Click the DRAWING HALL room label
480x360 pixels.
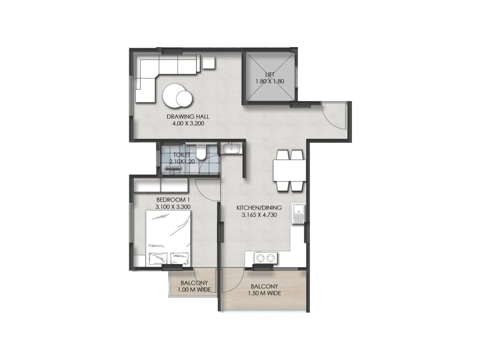click(x=188, y=116)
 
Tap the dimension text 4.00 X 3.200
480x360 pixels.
click(x=188, y=123)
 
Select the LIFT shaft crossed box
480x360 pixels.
click(x=270, y=78)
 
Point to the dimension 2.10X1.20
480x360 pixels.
click(x=182, y=161)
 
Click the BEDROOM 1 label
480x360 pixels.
click(x=173, y=199)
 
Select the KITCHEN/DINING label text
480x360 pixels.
click(x=259, y=208)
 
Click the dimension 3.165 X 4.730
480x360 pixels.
click(x=259, y=215)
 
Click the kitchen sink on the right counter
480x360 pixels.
click(x=298, y=214)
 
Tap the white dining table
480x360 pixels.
click(x=289, y=170)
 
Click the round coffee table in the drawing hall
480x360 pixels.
click(x=177, y=96)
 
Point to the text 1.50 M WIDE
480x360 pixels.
click(x=264, y=293)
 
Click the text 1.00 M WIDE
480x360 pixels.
click(x=194, y=290)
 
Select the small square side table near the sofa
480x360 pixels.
click(x=208, y=62)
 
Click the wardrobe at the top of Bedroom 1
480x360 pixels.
click(x=160, y=185)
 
